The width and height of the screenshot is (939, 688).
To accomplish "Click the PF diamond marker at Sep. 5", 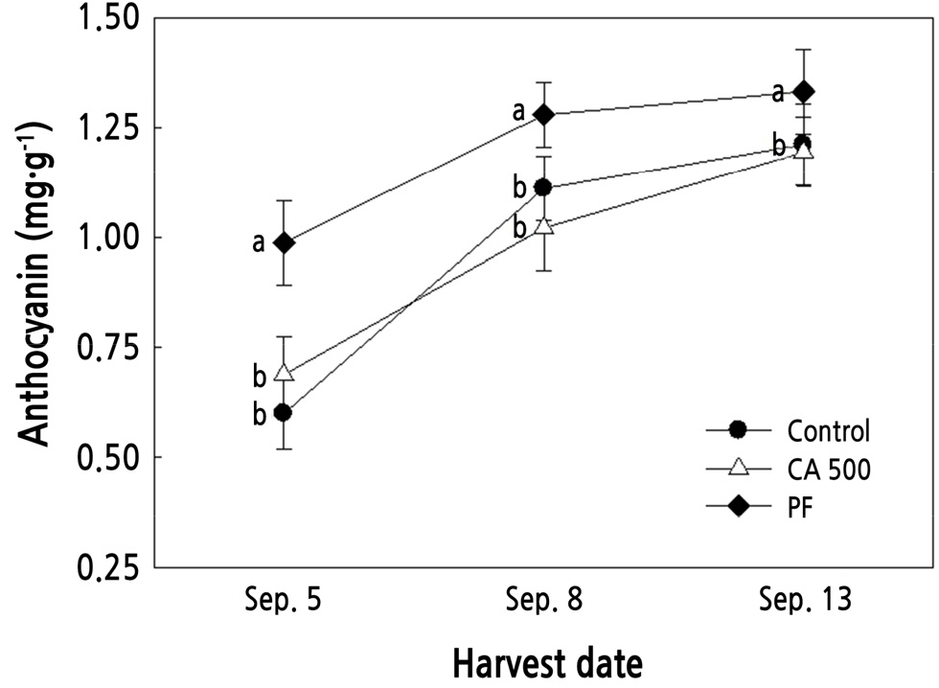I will (x=284, y=242).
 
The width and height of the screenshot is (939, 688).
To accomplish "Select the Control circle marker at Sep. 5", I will (x=284, y=412).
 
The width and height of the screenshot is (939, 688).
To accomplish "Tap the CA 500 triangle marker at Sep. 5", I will (x=284, y=373).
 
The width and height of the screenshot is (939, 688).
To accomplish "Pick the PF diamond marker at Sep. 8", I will (x=544, y=115).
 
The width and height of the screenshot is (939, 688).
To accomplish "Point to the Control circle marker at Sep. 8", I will (x=543, y=187).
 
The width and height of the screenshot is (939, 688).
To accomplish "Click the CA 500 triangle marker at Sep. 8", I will (x=544, y=226).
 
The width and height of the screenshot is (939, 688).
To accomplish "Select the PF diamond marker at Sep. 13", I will (x=804, y=92).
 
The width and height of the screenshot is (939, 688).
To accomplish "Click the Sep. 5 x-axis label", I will (x=285, y=602).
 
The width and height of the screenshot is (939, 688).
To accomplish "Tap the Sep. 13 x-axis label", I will (x=804, y=602).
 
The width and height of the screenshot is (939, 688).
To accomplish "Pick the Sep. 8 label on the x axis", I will (x=544, y=602).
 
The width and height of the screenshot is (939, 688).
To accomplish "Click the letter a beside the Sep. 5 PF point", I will (x=258, y=243).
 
